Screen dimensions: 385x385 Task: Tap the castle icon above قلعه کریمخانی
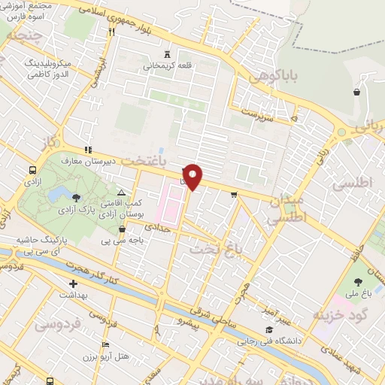click(167, 54)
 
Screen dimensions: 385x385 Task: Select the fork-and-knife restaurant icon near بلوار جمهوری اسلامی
click(112, 32)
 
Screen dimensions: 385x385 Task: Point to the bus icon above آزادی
click(32, 171)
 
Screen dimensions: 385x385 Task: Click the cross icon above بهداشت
click(73, 284)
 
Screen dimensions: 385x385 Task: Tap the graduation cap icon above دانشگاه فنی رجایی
click(270, 329)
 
